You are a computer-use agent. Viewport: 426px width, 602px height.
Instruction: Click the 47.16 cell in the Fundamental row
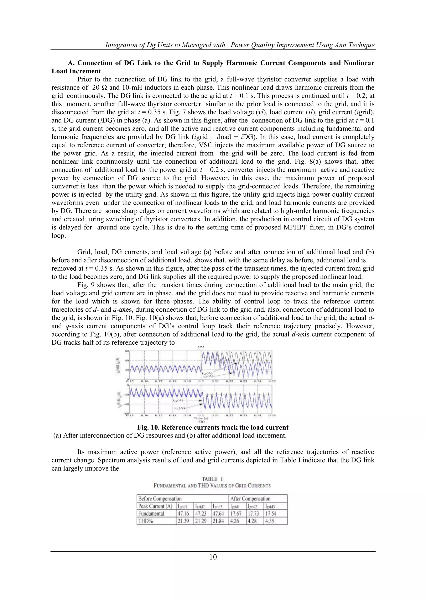[183, 513]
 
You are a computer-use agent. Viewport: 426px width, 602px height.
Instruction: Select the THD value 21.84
[218, 521]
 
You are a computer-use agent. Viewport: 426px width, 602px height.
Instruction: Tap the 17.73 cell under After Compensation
[253, 513]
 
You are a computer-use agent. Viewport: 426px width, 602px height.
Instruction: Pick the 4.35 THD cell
[269, 521]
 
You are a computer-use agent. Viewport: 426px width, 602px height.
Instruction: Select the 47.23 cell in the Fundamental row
[200, 513]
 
